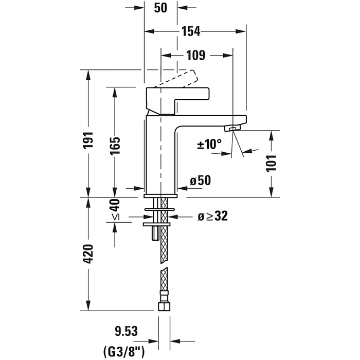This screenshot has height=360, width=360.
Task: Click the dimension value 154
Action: click(x=190, y=31)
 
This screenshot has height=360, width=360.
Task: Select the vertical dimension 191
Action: click(x=88, y=140)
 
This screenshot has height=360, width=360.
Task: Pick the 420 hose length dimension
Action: click(x=88, y=254)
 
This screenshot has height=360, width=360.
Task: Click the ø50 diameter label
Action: click(x=200, y=181)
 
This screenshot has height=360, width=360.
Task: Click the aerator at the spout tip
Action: click(x=234, y=128)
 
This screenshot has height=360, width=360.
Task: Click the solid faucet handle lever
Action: click(x=180, y=96)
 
